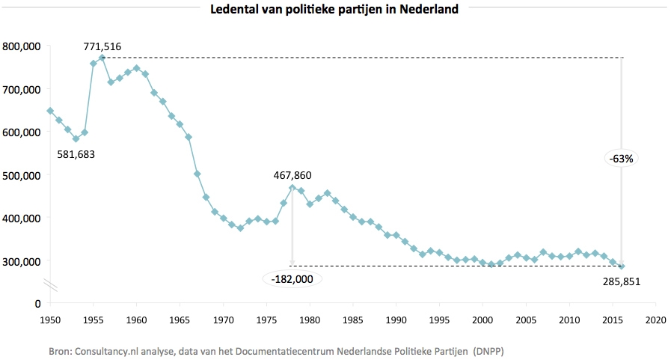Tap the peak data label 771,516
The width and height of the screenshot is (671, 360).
click(x=102, y=46)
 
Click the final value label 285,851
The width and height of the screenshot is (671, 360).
click(x=622, y=281)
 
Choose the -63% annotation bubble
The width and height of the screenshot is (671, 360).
click(x=621, y=159)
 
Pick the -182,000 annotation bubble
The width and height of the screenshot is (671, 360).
click(x=292, y=279)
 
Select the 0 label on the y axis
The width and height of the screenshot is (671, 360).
click(x=35, y=304)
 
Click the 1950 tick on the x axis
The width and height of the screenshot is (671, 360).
click(x=50, y=319)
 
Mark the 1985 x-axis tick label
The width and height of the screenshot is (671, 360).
click(x=353, y=319)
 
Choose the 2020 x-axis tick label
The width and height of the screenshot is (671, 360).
click(x=656, y=319)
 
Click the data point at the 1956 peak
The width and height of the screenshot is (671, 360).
click(x=102, y=58)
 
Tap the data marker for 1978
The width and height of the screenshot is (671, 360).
click(x=292, y=188)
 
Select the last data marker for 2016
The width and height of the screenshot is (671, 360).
click(x=622, y=266)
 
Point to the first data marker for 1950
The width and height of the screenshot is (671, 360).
click(x=50, y=111)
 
